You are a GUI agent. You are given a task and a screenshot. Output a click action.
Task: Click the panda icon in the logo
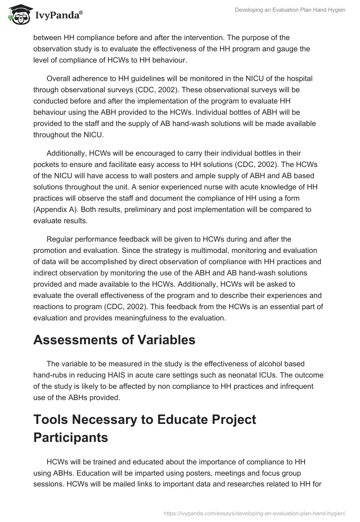pyautogui.click(x=18, y=15)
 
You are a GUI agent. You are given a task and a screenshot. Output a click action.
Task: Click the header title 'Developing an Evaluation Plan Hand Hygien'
pyautogui.click(x=290, y=10)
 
